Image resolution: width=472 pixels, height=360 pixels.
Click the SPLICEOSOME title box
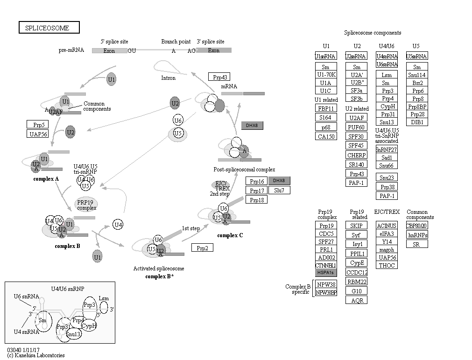click(x=49, y=28)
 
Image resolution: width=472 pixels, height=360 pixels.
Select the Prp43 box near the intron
click(x=219, y=77)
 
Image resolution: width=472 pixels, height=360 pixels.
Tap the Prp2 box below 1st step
click(x=202, y=248)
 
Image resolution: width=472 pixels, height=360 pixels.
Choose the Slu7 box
click(x=279, y=190)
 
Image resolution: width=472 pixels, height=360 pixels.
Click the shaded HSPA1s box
click(x=326, y=272)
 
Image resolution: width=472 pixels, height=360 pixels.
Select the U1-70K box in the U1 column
click(x=326, y=75)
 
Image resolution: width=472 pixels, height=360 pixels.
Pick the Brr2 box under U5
click(x=417, y=83)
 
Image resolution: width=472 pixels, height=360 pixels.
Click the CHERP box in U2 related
click(x=357, y=155)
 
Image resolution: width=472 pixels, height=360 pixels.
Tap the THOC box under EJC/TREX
click(x=387, y=265)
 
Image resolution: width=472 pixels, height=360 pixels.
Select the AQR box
click(x=357, y=300)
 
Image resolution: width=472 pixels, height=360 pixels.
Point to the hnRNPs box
click(x=417, y=235)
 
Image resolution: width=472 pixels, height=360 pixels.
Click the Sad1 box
click(x=387, y=157)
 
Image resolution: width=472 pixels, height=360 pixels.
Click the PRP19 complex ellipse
click(x=86, y=204)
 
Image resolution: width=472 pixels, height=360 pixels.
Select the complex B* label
click(x=159, y=276)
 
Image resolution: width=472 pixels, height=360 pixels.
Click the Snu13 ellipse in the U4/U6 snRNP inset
click(x=73, y=334)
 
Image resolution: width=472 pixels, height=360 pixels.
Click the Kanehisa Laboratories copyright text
click(x=36, y=355)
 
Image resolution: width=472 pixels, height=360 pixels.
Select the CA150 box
click(x=326, y=136)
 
